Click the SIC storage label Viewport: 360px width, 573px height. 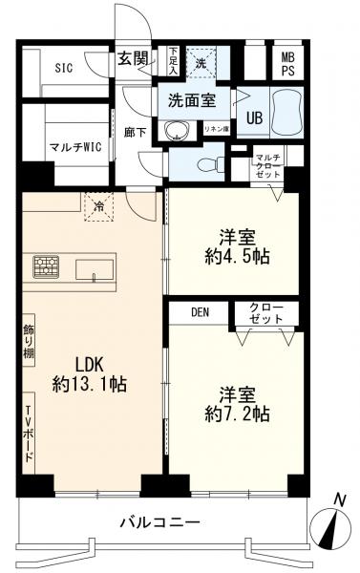pyautogui.click(x=63, y=67)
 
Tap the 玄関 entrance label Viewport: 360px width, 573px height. pyautogui.click(x=132, y=59)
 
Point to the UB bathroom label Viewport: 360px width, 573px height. pyautogui.click(x=256, y=117)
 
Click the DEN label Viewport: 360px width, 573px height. pyautogui.click(x=200, y=311)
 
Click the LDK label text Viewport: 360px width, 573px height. pyautogui.click(x=81, y=364)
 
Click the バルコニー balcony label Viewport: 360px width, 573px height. pyautogui.click(x=159, y=523)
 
